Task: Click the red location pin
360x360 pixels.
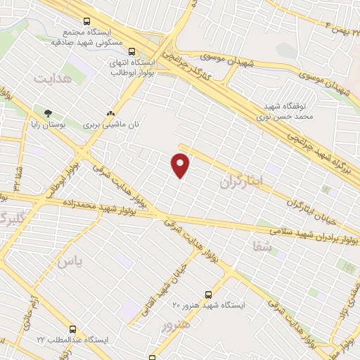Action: (x=181, y=165)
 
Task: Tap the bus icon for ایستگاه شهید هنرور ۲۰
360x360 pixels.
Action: (x=207, y=295)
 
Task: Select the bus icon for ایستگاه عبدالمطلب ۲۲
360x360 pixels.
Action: (x=72, y=329)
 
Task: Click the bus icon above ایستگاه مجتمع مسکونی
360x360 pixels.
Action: (x=86, y=22)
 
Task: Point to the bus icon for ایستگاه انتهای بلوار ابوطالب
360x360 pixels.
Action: (x=131, y=50)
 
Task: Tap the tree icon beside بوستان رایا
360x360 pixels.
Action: (x=49, y=112)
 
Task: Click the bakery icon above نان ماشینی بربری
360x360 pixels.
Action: (x=110, y=112)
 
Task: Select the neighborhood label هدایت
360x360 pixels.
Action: (x=53, y=78)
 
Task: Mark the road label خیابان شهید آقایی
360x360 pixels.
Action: (x=172, y=288)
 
